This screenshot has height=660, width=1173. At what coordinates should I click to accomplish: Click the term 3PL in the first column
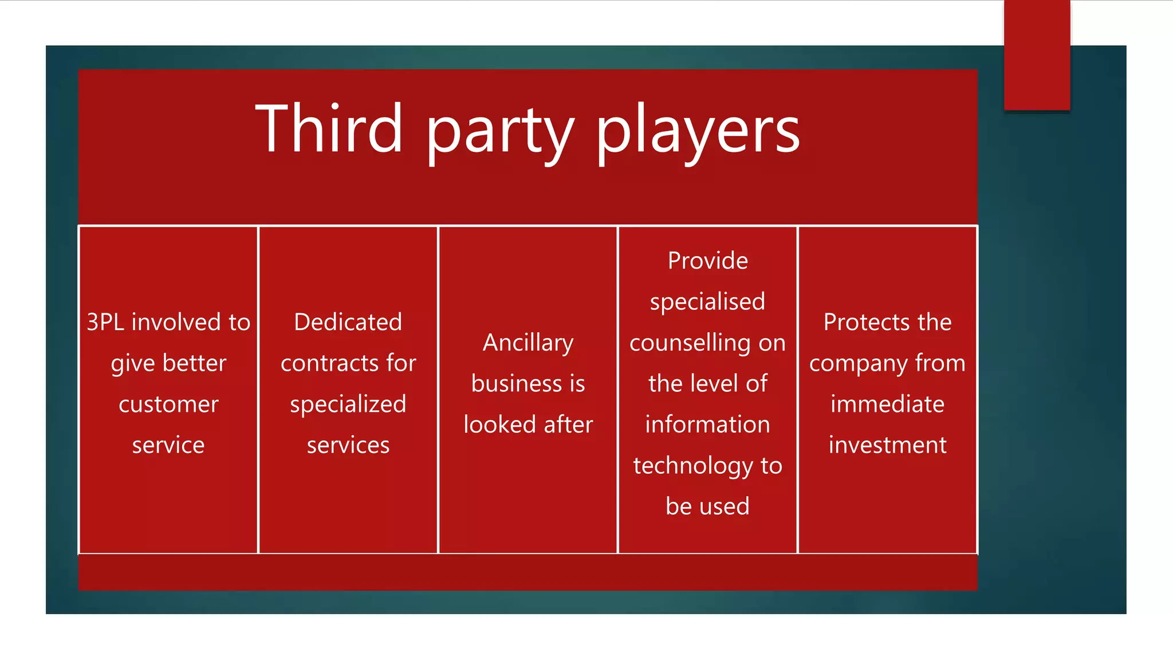105,322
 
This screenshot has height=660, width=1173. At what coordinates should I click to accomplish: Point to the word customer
168,404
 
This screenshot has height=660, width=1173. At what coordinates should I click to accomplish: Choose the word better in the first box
194,363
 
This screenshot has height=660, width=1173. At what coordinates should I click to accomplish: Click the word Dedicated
348,322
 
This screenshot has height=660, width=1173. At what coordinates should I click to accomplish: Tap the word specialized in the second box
348,404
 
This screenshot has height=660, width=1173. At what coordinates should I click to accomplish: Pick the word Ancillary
528,343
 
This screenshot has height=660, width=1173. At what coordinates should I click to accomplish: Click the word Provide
707,261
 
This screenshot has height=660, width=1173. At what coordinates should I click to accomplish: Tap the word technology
693,466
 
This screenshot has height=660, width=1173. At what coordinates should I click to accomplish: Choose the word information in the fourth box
707,425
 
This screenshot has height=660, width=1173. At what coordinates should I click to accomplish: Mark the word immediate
887,404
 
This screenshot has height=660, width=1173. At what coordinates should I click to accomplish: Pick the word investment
887,445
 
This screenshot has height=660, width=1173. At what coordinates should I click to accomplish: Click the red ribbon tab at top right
1037,55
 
